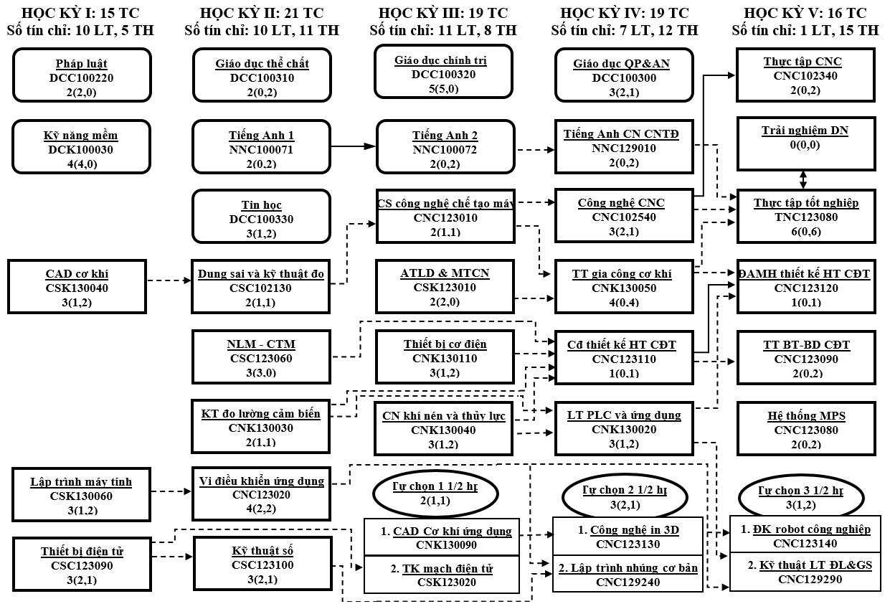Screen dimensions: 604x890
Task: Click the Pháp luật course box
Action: (82, 74)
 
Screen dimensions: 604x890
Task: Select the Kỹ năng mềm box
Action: (82, 146)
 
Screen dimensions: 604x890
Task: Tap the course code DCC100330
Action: (262, 219)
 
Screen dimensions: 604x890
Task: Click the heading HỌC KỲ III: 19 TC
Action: (442, 13)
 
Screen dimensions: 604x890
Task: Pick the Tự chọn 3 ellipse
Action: (801, 497)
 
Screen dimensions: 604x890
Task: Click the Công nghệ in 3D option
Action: (628, 536)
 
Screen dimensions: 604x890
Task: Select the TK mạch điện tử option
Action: (441, 575)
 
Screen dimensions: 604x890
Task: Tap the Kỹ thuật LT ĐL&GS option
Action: (805, 572)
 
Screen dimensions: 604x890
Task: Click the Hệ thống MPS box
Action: (807, 429)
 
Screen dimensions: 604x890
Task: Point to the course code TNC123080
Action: (806, 217)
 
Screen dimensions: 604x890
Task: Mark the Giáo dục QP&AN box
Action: (621, 75)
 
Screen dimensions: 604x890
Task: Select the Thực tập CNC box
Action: (807, 75)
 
